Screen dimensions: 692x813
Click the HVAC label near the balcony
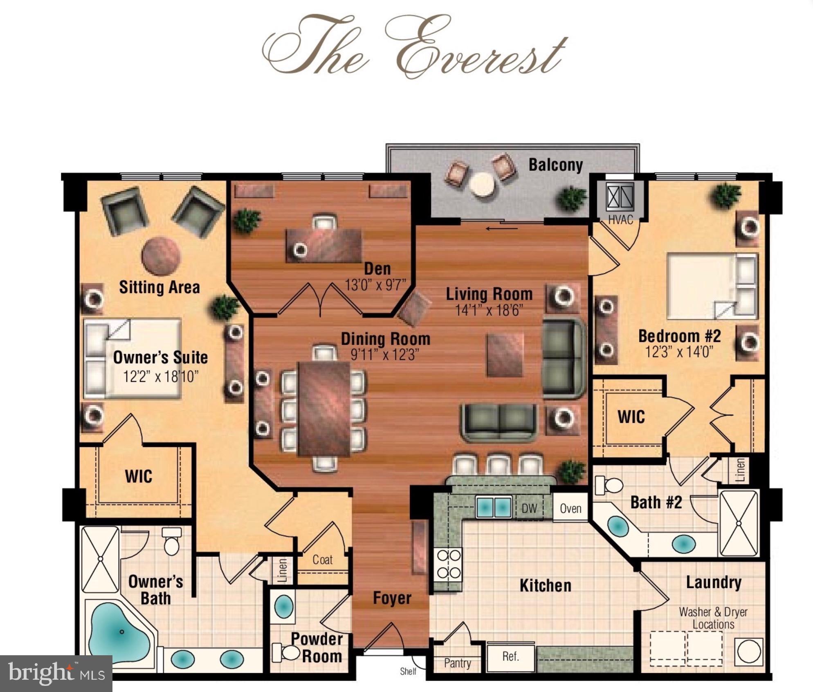click(620, 220)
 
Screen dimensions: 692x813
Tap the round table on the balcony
click(482, 185)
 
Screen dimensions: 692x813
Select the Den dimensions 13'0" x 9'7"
click(375, 285)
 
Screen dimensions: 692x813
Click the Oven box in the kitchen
click(570, 508)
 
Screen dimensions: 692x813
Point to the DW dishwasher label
click(529, 509)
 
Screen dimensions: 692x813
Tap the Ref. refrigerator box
click(510, 657)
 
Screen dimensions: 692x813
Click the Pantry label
click(457, 663)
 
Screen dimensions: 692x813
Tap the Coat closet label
click(322, 559)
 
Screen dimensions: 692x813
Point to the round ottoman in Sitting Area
click(161, 256)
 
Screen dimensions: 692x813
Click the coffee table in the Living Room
click(505, 354)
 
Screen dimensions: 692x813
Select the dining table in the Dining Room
click(324, 409)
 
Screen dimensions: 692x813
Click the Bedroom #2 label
click(679, 336)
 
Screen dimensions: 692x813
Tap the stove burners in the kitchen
click(449, 564)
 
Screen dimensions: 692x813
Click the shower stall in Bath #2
click(739, 523)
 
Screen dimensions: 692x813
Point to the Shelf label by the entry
click(408, 671)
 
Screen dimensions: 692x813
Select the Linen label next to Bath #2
click(740, 470)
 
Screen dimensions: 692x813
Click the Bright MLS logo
click(56, 673)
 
